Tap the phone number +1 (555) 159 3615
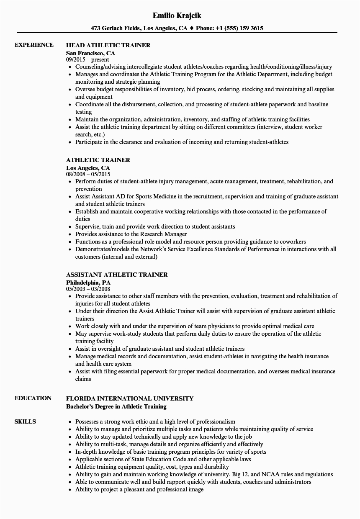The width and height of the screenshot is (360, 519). [x=239, y=28]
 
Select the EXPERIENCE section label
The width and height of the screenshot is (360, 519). [x=34, y=45]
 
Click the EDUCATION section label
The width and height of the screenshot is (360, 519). [x=33, y=398]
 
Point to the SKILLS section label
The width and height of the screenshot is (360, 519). [x=25, y=421]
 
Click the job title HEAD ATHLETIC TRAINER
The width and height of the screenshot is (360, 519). [x=108, y=45]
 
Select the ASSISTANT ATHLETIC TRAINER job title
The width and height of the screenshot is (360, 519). [x=117, y=275]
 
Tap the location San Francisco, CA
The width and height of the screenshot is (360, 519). [x=90, y=53]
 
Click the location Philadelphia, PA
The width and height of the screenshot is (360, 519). [x=88, y=283]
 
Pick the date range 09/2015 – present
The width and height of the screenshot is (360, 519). [x=87, y=59]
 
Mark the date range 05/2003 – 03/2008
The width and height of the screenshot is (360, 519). [x=88, y=289]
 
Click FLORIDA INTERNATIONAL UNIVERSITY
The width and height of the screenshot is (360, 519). [x=130, y=398]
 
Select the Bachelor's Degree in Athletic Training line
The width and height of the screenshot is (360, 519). [x=116, y=406]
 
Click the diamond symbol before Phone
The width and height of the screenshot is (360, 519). [x=191, y=28]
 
